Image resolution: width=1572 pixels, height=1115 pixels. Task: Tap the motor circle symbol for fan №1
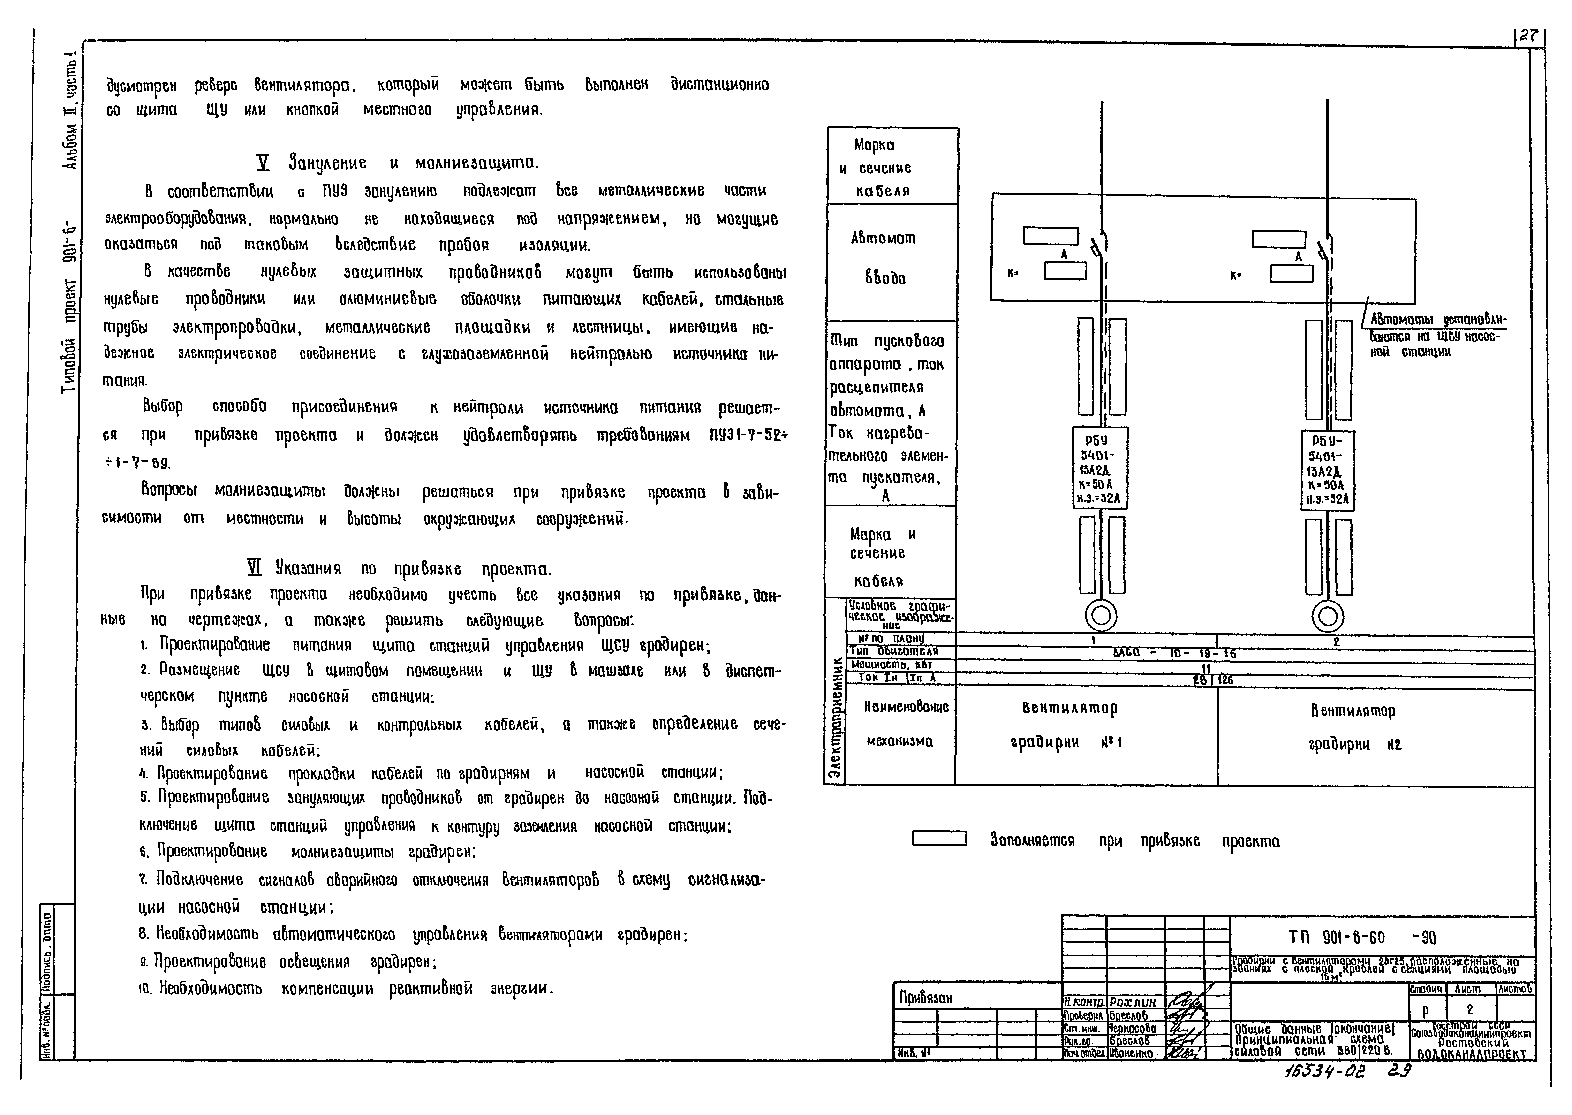(1101, 614)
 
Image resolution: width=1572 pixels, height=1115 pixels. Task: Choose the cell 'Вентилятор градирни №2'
(1353, 728)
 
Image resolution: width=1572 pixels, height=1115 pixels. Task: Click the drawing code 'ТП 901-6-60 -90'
(1362, 937)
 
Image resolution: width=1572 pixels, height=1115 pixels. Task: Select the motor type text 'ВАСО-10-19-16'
(1174, 653)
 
